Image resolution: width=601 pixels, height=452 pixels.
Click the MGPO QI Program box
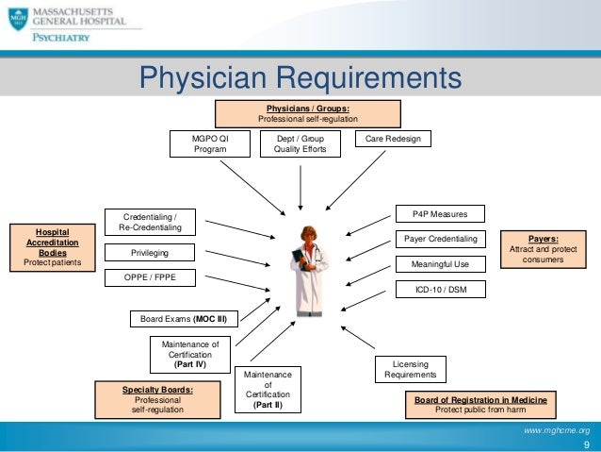210,143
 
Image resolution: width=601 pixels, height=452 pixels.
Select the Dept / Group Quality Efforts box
300,143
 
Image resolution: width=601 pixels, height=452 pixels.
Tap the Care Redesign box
393,139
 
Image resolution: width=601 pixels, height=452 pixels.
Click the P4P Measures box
440,214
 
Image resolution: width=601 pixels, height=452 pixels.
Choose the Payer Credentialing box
440,239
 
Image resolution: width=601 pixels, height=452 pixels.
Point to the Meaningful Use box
440,263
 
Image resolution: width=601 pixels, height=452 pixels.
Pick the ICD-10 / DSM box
440,289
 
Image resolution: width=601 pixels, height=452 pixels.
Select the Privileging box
150,253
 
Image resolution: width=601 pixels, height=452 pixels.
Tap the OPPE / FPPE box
150,277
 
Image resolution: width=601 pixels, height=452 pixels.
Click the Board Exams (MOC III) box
184,319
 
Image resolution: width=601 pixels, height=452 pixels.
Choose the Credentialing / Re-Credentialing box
156,222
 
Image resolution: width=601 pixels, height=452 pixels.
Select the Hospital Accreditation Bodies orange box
53,248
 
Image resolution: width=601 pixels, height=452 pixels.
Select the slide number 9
585,444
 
